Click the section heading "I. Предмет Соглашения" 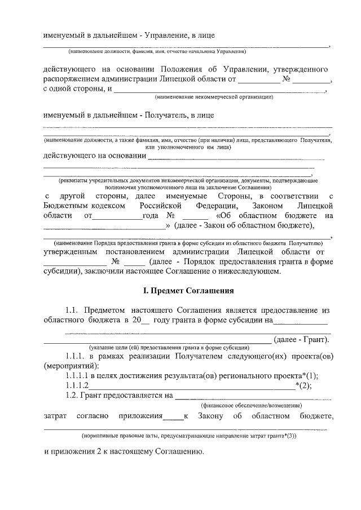pyautogui.click(x=187, y=291)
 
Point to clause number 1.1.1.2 pyautogui.click(x=77, y=385)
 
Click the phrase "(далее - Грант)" pyautogui.click(x=302, y=339)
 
